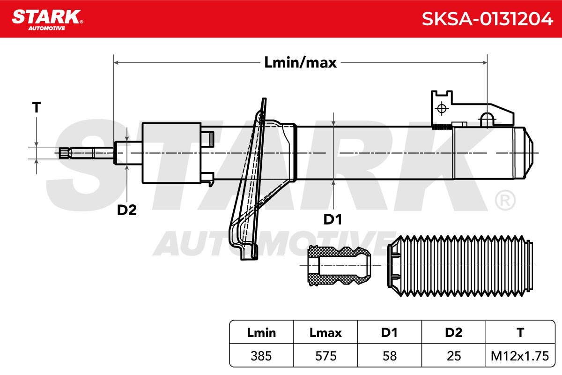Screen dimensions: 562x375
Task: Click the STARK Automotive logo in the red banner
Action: [47, 20]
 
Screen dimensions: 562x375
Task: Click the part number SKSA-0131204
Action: [487, 19]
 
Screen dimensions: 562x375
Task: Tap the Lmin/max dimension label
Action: [300, 62]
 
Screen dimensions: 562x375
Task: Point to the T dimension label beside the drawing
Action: [37, 107]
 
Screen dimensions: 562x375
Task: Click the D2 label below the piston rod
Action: [127, 210]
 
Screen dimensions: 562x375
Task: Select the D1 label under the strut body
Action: [333, 219]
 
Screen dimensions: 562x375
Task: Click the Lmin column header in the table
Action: [261, 332]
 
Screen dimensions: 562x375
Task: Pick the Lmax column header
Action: [325, 332]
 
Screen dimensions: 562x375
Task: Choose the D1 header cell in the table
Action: [389, 332]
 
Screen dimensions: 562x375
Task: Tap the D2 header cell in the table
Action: [454, 332]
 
